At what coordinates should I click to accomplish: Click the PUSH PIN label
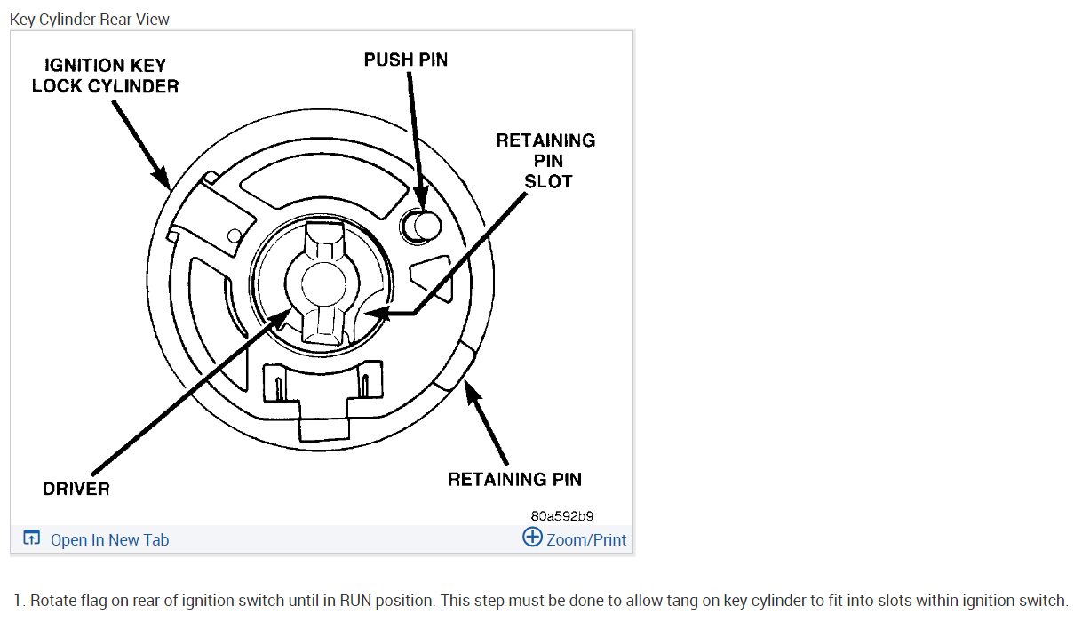point(406,60)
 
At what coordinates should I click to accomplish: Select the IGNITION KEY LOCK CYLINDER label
point(105,76)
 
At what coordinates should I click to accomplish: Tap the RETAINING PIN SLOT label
point(545,161)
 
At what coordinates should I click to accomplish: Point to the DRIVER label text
point(76,489)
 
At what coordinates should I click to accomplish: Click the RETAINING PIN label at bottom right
point(514,480)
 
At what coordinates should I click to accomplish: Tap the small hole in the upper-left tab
point(235,235)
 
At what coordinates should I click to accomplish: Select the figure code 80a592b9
point(561,515)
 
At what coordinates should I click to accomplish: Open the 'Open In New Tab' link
point(109,539)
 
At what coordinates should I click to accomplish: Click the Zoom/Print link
point(585,539)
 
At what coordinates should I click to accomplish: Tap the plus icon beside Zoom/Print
point(532,537)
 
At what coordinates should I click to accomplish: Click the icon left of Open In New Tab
point(32,538)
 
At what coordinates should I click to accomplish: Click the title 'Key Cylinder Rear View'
point(90,19)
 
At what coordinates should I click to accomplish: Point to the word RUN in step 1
point(355,601)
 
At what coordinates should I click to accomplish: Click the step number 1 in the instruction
point(18,601)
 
